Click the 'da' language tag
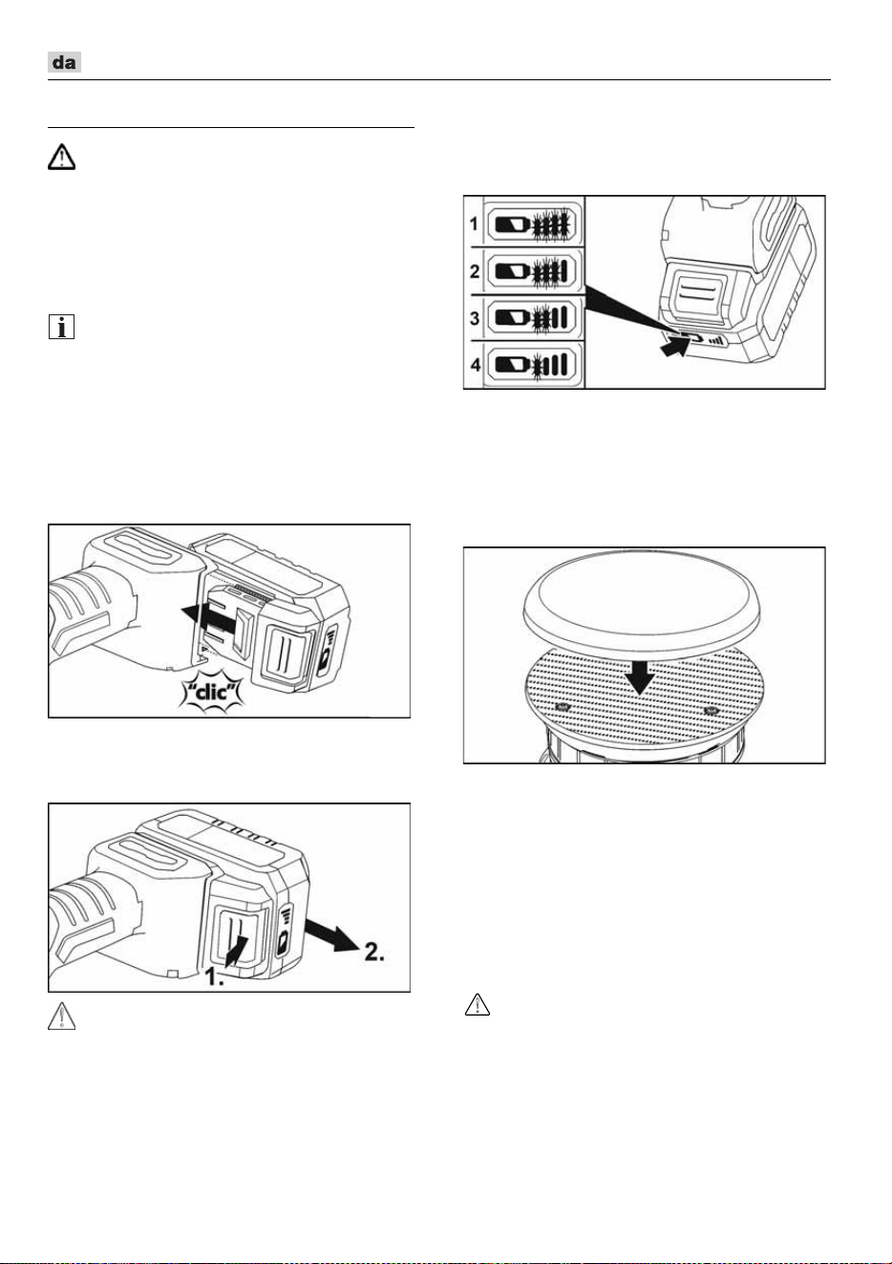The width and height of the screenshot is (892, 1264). click(x=64, y=62)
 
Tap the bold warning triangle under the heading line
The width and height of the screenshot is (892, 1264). click(x=61, y=157)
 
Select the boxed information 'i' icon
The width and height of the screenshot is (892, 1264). click(x=61, y=328)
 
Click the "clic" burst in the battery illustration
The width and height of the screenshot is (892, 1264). click(x=212, y=692)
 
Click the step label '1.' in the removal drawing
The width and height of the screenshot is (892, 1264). click(x=213, y=976)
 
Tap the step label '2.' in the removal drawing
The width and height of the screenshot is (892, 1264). click(x=374, y=952)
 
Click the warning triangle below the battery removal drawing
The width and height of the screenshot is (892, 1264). click(x=61, y=1016)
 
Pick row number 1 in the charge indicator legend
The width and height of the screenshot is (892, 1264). click(x=474, y=225)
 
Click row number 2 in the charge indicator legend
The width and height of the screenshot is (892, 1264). click(x=475, y=271)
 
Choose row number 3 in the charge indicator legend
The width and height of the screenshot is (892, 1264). click(x=475, y=318)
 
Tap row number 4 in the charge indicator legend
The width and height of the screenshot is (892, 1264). click(x=475, y=365)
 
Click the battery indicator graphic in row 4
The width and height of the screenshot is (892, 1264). click(x=531, y=365)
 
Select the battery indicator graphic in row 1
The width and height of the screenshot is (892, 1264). click(x=531, y=225)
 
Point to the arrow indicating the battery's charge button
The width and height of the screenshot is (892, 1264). click(x=675, y=345)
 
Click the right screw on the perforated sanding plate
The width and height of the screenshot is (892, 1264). click(x=710, y=709)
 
